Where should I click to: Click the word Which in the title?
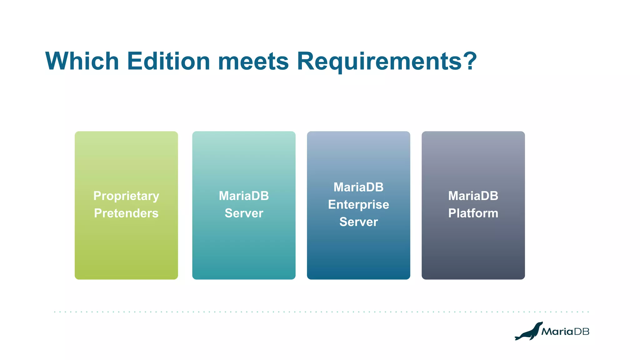point(82,61)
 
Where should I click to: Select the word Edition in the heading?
point(168,61)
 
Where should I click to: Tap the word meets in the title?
point(253,61)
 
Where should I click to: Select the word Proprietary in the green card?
point(126,196)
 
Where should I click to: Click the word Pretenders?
point(126,213)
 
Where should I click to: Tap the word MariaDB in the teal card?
point(244,196)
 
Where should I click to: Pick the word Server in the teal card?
point(244,213)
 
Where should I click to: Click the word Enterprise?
point(358,205)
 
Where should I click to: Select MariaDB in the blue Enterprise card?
point(358,187)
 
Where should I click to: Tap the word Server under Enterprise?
point(358,222)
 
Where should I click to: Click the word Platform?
point(473,213)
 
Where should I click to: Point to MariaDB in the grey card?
point(473,196)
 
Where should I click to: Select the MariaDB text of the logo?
point(565,332)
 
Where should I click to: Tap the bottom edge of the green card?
point(126,279)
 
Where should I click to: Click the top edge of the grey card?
point(473,132)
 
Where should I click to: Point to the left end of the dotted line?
point(55,312)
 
